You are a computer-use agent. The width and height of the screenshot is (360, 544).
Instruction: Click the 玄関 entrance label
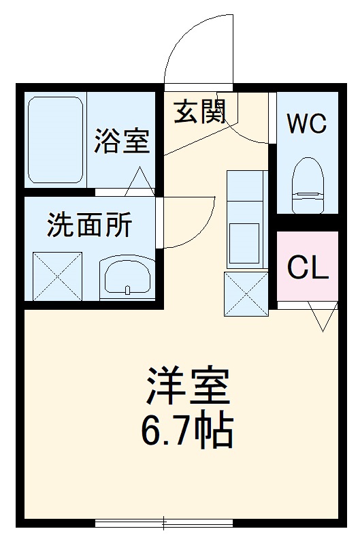(x=199, y=111)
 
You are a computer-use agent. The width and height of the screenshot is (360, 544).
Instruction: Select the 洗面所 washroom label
(x=89, y=225)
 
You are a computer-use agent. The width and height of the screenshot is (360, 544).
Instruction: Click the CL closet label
(x=308, y=268)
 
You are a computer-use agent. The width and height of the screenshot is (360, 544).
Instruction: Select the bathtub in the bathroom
(x=56, y=140)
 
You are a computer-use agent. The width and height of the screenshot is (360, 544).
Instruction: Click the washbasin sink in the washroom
(x=127, y=277)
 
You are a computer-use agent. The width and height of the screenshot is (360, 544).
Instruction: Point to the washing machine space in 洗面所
(x=58, y=275)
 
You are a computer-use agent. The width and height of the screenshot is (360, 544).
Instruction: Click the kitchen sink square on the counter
(x=246, y=242)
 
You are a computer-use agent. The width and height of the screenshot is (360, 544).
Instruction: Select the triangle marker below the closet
(x=322, y=318)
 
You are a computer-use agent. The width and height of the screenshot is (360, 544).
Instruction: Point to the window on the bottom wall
(x=164, y=524)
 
